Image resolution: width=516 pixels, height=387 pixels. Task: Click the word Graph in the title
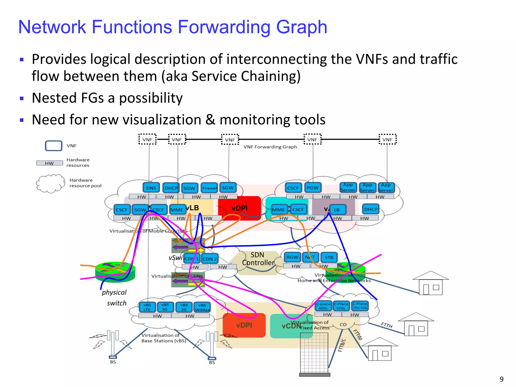301,27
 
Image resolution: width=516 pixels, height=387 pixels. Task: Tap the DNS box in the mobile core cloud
151,188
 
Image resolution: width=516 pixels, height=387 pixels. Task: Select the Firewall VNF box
209,188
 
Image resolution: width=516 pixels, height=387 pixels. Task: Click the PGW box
313,188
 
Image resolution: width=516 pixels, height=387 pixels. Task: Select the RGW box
292,257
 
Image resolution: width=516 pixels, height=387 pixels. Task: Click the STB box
329,257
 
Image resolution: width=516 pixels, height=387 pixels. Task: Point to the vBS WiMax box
202,307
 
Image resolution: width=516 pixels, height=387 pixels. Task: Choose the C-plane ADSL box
323,306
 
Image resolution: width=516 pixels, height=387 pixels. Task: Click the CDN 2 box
210,259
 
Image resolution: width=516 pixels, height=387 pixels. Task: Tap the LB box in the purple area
337,210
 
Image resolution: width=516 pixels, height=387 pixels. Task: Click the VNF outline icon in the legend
53,146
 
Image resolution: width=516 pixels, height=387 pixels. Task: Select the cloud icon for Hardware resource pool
50,183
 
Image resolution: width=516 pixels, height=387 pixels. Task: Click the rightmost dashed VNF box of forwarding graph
388,139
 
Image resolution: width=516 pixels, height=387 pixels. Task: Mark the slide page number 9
501,379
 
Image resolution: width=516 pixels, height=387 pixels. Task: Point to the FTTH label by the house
386,325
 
